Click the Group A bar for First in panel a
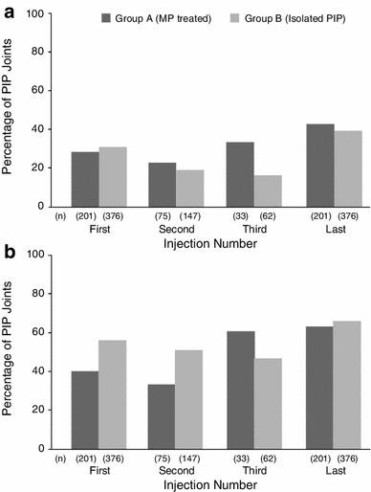pyautogui.click(x=84, y=179)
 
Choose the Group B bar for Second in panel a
pyautogui.click(x=190, y=188)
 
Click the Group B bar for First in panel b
pyautogui.click(x=112, y=394)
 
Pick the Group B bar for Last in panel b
pyautogui.click(x=347, y=385)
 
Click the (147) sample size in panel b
pyautogui.click(x=190, y=459)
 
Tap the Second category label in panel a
pyautogui.click(x=176, y=231)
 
